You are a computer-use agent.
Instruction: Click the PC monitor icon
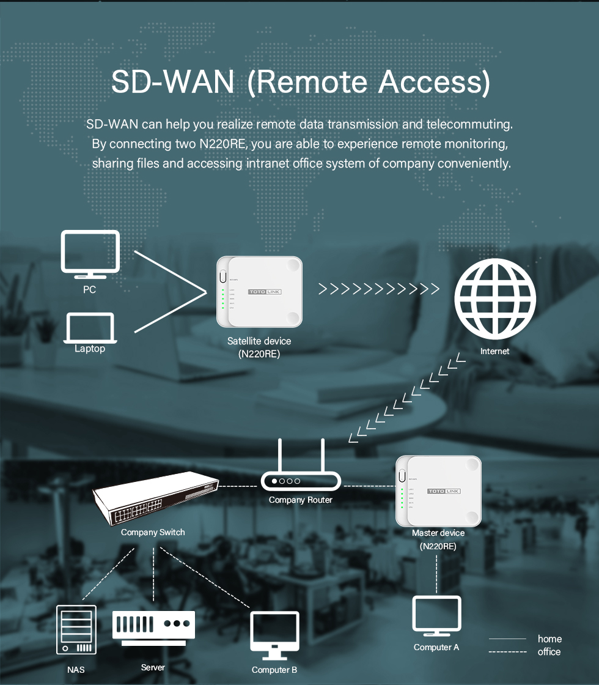coord(90,254)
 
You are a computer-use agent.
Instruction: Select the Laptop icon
coord(89,328)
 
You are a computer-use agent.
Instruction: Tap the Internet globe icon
coord(494,300)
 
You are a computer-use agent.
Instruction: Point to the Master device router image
coord(438,491)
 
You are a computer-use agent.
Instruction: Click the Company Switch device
coord(155,498)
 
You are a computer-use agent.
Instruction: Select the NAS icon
coord(76,629)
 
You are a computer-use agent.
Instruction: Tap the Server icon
coord(153,628)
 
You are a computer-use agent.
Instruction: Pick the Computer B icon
coord(275,634)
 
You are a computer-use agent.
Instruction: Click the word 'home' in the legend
coord(549,639)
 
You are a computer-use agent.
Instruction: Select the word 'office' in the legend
coord(549,652)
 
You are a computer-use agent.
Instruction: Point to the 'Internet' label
coord(494,351)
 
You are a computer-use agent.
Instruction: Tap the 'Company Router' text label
coord(301,500)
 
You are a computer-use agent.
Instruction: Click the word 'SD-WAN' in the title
coord(173,83)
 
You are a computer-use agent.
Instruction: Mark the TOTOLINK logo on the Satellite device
coord(265,292)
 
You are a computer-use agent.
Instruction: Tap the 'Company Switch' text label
coord(153,532)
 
